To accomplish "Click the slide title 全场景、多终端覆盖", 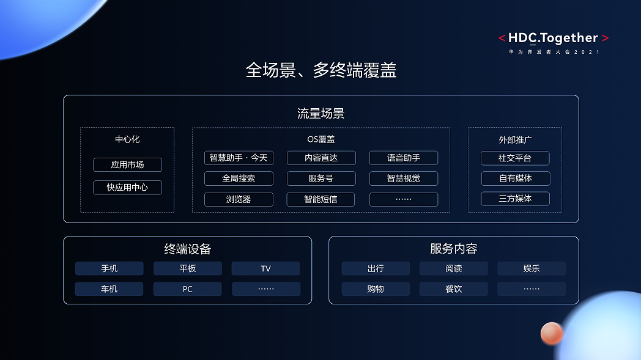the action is (321, 70).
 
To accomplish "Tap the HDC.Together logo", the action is (554, 43).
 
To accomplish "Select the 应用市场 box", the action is (128, 164).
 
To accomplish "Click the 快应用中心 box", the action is (128, 188).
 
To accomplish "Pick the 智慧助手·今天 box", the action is (239, 158).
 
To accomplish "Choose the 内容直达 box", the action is (321, 158).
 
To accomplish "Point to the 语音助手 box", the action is (404, 158).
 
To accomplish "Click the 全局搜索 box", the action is (239, 178).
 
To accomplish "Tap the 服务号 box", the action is (321, 178).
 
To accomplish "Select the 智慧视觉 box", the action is (404, 178).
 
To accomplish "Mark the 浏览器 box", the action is (239, 199).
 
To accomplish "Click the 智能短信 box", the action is (321, 199).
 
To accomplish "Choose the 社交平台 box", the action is (515, 158).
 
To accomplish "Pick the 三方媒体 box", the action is (515, 199).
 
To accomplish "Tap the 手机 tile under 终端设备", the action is (109, 268).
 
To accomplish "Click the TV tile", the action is (265, 268).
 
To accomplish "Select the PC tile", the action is (188, 289).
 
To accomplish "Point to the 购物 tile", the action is (376, 289).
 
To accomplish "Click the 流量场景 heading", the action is (321, 114).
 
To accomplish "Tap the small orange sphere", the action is (552, 333).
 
